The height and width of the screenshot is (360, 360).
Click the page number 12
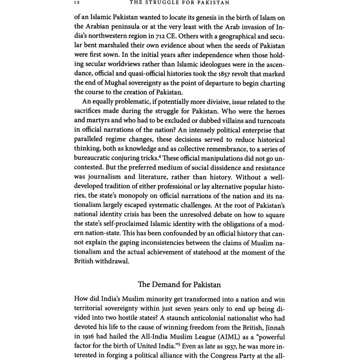point(77,3)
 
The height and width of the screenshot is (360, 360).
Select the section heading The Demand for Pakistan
point(179,284)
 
